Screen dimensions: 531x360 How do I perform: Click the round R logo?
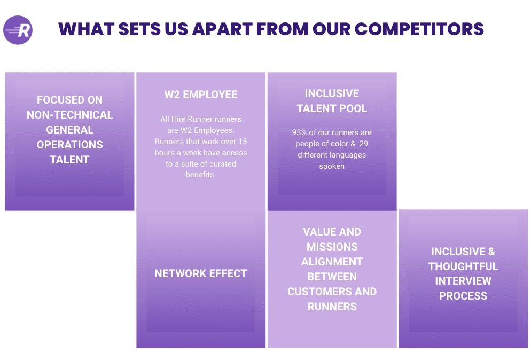18,30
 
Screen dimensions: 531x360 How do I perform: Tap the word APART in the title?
222,29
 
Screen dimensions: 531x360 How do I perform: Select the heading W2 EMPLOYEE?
201,95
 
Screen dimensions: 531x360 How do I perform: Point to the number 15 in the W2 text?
243,142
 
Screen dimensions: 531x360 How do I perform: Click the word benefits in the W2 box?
200,175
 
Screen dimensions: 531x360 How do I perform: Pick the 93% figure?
299,132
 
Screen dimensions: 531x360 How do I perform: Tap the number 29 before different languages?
364,144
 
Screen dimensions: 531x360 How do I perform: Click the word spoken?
332,166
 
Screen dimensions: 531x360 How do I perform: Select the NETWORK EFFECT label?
201,273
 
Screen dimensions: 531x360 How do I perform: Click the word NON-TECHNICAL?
70,115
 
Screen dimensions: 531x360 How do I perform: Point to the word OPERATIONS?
70,145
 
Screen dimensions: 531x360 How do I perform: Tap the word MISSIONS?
332,247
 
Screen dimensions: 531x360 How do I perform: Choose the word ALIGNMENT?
332,261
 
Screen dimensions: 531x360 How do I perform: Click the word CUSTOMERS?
313,291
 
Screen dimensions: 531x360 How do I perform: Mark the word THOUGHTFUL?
463,266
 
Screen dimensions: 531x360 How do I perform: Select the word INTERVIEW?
463,281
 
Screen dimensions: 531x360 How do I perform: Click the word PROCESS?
463,296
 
